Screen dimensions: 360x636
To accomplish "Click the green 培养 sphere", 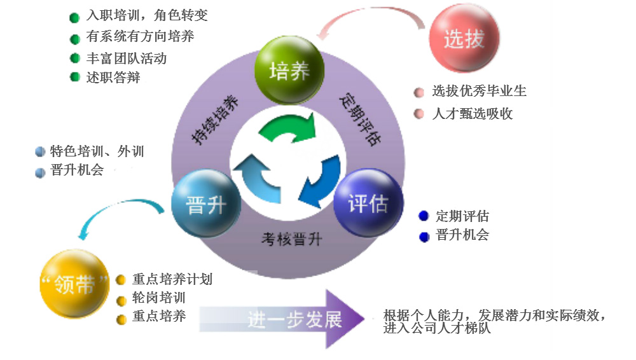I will point(289,70).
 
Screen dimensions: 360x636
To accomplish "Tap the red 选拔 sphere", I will point(464,40).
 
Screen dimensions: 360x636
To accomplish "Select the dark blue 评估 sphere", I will point(368,204).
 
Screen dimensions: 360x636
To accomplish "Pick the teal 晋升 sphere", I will point(206,205).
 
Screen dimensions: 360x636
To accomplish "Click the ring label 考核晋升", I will point(292,239).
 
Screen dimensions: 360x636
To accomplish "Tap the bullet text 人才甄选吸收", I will point(472,114).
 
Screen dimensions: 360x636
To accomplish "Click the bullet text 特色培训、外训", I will point(97,151).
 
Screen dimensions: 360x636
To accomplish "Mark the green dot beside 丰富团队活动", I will point(74,59).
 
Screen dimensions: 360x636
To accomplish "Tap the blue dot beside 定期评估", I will point(424,217).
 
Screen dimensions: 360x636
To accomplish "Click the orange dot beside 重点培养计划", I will point(121,280).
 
